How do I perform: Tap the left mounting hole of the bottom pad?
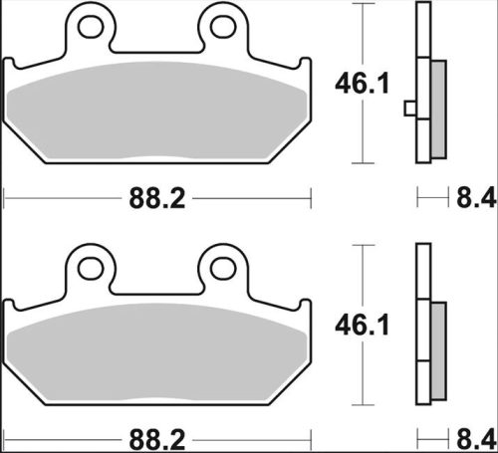pos(91,267)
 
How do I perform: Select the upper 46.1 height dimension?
pos(355,87)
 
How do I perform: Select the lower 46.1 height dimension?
pos(355,325)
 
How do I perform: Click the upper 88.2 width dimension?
pos(157,199)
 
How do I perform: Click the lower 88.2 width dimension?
pos(157,437)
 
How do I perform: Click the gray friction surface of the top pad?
pos(157,114)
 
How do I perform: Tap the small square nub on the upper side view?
pos(409,108)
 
